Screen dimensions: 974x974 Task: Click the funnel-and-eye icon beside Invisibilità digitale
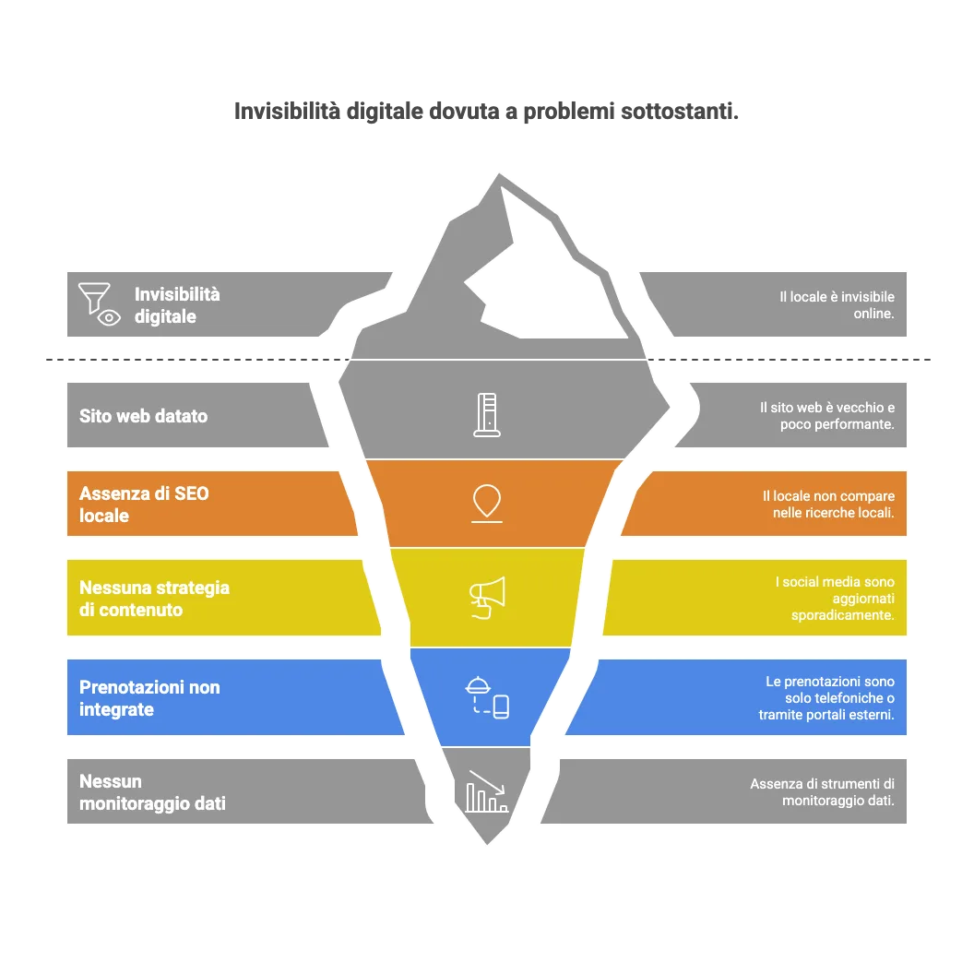(x=101, y=304)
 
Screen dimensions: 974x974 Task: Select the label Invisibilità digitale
(x=177, y=305)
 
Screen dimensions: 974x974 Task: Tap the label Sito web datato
(x=144, y=416)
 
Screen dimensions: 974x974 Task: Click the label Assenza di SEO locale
(x=144, y=505)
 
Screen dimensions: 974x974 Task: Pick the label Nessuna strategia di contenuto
(x=154, y=599)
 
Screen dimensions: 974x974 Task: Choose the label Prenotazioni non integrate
(x=149, y=698)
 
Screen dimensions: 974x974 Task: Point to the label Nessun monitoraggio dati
(x=152, y=792)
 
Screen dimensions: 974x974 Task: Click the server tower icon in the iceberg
(x=487, y=414)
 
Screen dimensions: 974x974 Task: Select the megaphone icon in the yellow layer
(x=486, y=597)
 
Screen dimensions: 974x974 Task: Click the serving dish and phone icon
(x=487, y=697)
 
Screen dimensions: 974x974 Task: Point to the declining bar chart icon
(x=486, y=791)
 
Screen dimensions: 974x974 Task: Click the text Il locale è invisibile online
(x=837, y=305)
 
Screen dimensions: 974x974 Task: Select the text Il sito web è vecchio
(x=826, y=416)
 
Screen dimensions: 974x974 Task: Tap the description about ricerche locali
(x=828, y=505)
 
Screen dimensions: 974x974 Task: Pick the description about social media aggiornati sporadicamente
(x=835, y=599)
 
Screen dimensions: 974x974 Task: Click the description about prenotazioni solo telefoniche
(x=826, y=698)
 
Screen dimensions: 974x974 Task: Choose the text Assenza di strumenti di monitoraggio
(x=822, y=792)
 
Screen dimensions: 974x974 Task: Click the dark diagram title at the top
(x=486, y=111)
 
